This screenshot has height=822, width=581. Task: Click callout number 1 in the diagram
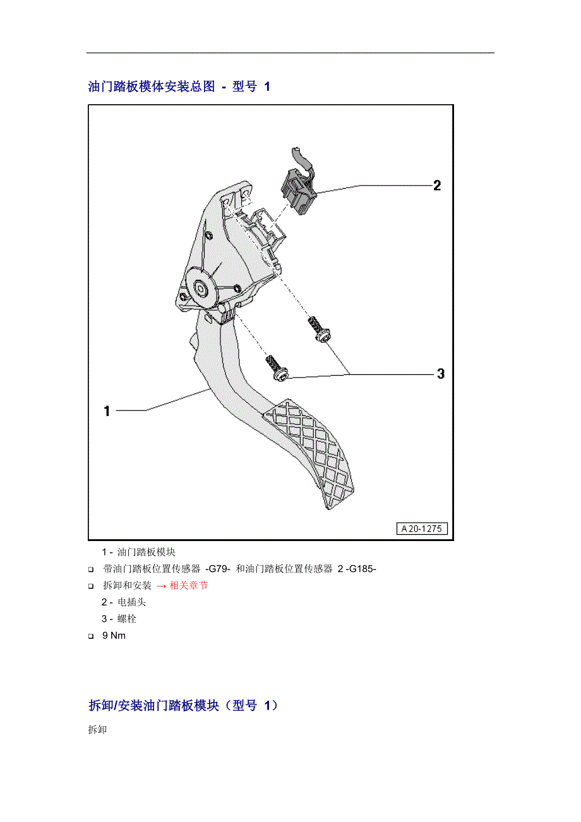(x=107, y=410)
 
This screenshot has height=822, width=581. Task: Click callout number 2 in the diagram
(x=437, y=186)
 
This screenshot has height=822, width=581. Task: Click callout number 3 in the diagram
(x=440, y=374)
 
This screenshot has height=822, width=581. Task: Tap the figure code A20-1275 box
(x=422, y=528)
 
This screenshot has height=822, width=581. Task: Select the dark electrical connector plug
(x=298, y=191)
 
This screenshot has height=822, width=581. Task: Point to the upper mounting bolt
(x=319, y=329)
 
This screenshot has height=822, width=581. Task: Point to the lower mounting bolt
(x=277, y=367)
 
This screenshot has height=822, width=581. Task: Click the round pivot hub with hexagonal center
(x=200, y=287)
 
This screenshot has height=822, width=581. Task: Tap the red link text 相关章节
(x=189, y=585)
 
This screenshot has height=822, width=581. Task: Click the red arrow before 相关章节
(x=161, y=586)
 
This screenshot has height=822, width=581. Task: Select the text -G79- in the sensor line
(x=218, y=569)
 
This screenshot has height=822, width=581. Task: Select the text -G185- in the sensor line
(x=361, y=569)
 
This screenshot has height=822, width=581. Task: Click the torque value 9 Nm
(x=114, y=636)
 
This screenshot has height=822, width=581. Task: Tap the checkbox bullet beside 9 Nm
(x=91, y=636)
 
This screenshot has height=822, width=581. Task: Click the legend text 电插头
(x=132, y=602)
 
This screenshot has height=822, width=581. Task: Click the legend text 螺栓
(x=127, y=619)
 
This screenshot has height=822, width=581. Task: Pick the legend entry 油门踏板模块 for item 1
(x=147, y=552)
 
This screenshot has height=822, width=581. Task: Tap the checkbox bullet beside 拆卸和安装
(x=91, y=587)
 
